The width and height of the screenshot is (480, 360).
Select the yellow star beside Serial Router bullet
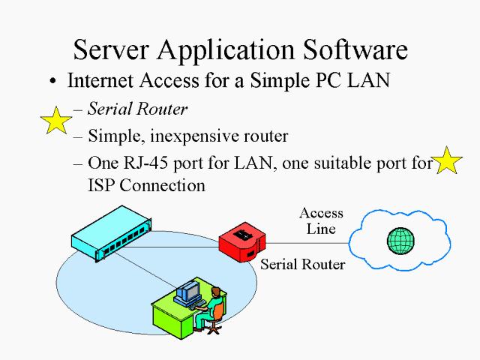56,120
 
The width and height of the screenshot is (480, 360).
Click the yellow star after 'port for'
447,160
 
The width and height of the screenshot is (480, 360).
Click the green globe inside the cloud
400,241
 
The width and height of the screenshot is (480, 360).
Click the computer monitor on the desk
187,290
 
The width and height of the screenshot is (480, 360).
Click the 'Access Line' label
321,221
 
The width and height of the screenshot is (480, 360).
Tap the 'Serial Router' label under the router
302,265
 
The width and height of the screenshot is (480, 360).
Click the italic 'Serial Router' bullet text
137,109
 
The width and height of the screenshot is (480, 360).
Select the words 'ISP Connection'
146,185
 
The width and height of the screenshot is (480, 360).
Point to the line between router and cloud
307,243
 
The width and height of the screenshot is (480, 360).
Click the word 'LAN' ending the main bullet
368,81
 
